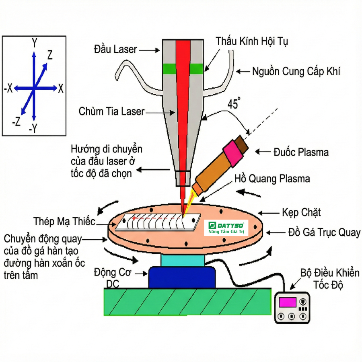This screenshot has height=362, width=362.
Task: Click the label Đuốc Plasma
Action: (301, 152)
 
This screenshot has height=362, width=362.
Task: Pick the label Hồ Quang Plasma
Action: (272, 178)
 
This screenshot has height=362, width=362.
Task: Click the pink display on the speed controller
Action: (288, 301)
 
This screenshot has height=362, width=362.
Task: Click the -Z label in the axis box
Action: (16, 121)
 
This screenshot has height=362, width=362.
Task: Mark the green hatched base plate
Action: (187, 302)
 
